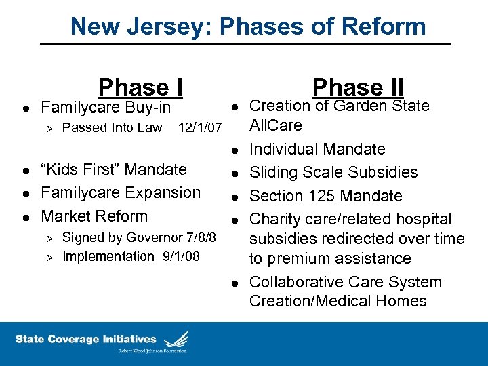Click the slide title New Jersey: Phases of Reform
pyautogui.click(x=248, y=26)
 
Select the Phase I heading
pyautogui.click(x=140, y=87)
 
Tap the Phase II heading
pyautogui.click(x=358, y=87)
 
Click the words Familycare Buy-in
pyautogui.click(x=106, y=108)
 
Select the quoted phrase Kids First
pyautogui.click(x=83, y=169)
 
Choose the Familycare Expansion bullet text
pyautogui.click(x=121, y=192)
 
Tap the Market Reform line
pyautogui.click(x=94, y=216)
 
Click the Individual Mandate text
pyautogui.click(x=317, y=149)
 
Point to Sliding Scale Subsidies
pyautogui.click(x=333, y=172)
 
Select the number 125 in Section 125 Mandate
pyautogui.click(x=318, y=196)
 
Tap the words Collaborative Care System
pyautogui.click(x=345, y=282)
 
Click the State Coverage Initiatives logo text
pyautogui.click(x=86, y=340)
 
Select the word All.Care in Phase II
pyautogui.click(x=276, y=126)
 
